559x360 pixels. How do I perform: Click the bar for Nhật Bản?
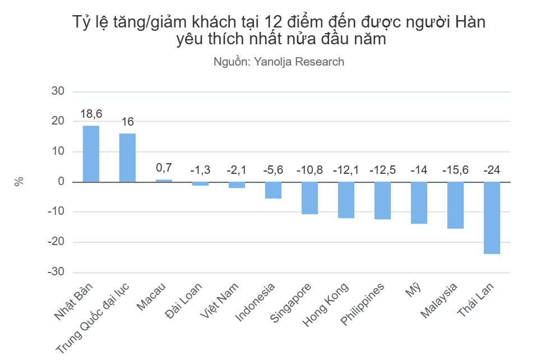tap(91, 154)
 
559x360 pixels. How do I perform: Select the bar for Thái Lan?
tap(492, 218)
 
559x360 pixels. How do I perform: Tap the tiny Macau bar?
tap(164, 181)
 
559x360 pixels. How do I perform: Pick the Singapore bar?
tap(309, 198)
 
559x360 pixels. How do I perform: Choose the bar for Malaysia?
tap(455, 205)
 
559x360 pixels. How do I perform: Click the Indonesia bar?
tap(273, 190)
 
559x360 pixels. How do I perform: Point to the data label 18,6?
tap(91, 114)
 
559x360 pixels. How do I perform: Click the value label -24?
tap(492, 170)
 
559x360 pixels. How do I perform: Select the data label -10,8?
tap(309, 170)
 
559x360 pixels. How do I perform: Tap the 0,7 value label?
tap(164, 168)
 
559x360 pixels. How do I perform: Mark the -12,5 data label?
tap(382, 170)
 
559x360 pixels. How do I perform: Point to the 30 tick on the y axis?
tap(58, 91)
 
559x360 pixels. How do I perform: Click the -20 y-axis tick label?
tap(56, 242)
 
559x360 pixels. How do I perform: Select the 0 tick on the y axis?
tap(61, 182)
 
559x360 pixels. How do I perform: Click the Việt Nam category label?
tap(219, 301)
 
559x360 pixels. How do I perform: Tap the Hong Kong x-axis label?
tap(326, 304)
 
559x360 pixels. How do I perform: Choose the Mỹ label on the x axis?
tap(414, 289)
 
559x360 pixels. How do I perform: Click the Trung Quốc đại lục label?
tap(93, 318)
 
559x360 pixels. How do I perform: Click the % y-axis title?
tap(19, 181)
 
